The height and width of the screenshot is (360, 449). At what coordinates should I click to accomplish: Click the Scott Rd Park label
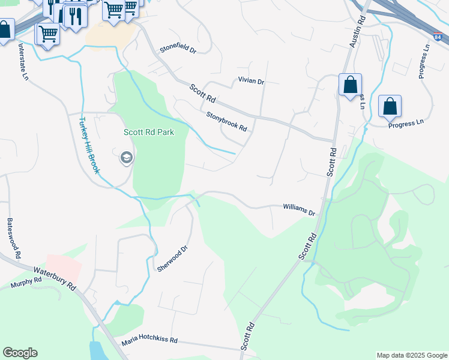tap(149, 132)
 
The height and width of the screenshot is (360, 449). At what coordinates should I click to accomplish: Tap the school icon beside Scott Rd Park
tap(127, 158)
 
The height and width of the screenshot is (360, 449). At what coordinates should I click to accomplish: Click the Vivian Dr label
tap(251, 81)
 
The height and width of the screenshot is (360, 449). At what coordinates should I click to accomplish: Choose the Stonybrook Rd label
tap(227, 122)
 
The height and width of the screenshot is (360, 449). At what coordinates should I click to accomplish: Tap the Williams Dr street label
tap(300, 209)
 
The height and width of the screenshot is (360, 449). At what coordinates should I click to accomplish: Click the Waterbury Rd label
tap(55, 279)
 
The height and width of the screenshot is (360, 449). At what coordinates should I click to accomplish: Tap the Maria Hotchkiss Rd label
tap(149, 340)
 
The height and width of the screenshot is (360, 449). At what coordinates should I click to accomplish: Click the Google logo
tap(20, 353)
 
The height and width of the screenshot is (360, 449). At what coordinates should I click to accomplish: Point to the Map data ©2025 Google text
tap(411, 355)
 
